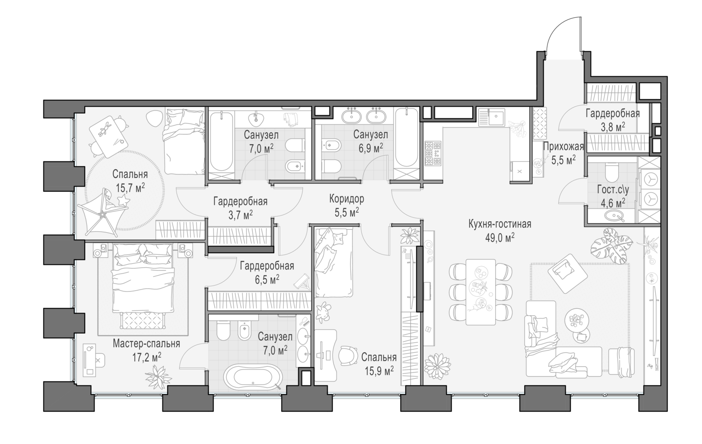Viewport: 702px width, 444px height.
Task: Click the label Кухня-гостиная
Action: (499, 224)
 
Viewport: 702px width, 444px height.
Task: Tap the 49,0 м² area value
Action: (499, 237)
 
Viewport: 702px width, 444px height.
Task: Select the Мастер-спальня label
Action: (146, 344)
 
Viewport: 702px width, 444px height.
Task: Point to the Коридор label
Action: (346, 199)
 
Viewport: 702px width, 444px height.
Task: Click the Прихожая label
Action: (563, 147)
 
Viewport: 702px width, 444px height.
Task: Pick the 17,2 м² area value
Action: (146, 356)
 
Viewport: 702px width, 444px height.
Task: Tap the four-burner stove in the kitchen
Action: (432, 153)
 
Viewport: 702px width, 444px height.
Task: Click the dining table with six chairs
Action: (480, 291)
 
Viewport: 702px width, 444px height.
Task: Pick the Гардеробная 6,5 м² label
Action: (267, 266)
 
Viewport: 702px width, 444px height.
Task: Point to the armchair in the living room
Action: (567, 271)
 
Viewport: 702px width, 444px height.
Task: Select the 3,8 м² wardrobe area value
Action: (612, 126)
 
